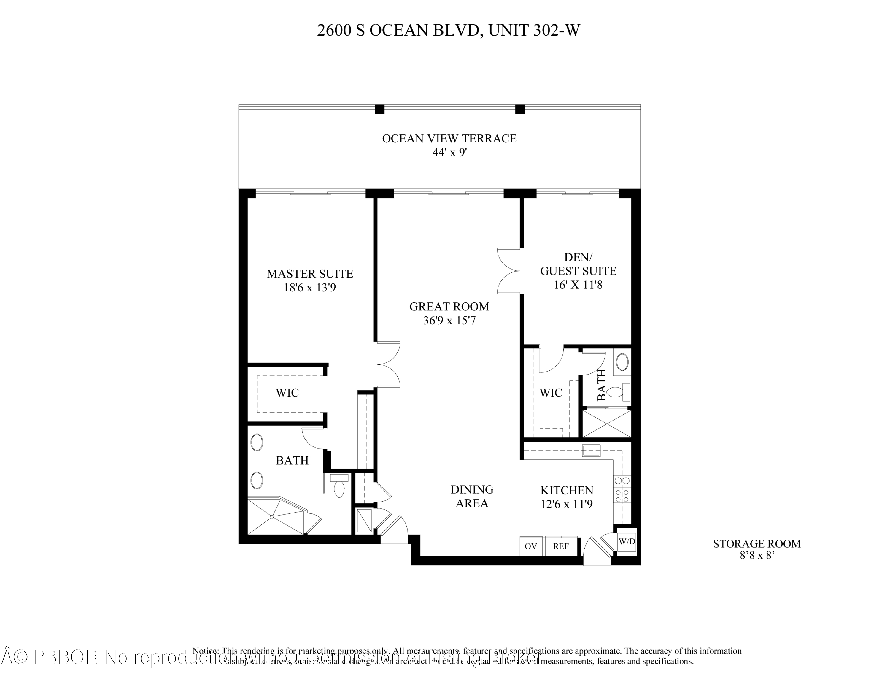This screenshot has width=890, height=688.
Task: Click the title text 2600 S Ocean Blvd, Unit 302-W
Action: coord(448,31)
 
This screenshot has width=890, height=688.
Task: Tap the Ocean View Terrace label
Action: coord(449,139)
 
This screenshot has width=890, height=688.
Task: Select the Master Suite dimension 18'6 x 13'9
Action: coord(310,288)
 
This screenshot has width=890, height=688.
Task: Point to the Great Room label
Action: coord(449,307)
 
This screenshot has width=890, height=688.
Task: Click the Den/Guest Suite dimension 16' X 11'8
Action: coord(578,285)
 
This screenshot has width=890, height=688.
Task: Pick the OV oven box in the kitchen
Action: coord(530,546)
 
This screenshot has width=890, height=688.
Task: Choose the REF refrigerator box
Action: coord(561,546)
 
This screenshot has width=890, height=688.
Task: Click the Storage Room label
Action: coord(757,544)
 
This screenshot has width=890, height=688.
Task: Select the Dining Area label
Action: coord(472,497)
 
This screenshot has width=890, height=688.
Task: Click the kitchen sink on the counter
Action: coord(591,450)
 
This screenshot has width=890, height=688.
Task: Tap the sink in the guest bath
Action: coord(622,362)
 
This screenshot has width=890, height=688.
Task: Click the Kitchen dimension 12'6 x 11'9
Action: coord(566,505)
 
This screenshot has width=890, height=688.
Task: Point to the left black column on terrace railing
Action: coord(379,109)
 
